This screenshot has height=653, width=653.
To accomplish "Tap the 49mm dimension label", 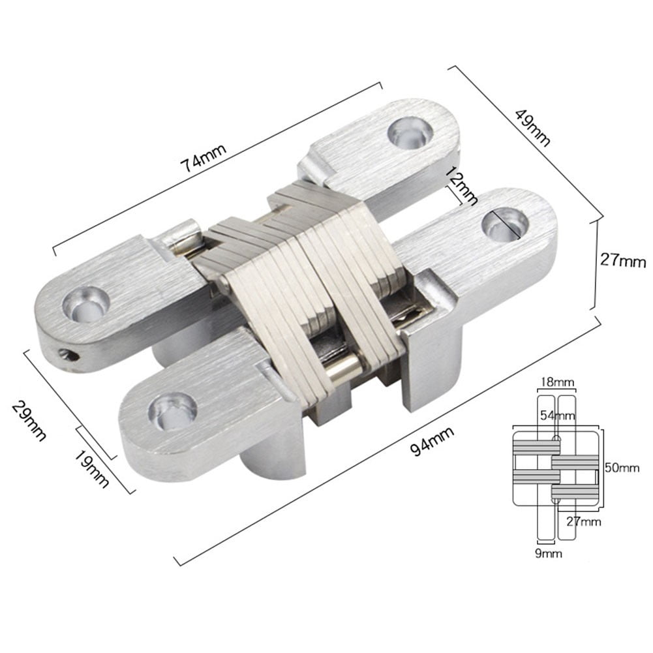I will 532,127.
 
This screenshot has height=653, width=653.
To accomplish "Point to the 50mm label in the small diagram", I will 620,468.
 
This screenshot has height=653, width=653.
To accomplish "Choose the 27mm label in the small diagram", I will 583,521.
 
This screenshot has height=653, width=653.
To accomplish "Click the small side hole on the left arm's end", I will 63,355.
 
